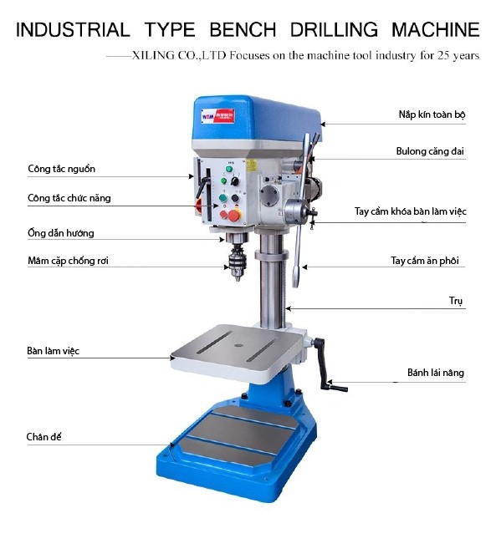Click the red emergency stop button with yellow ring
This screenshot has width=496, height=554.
pos(234,216)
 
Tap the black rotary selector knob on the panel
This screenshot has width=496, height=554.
pos(234,181)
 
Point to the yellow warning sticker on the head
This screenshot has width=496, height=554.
pos(251,165)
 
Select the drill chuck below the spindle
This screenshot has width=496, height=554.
pos(238,262)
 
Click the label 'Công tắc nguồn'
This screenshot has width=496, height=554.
pos(62,169)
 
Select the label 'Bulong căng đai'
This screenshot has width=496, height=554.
pos(430,151)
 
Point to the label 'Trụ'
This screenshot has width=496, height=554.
pos(456,301)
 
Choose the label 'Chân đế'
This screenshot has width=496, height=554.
pos(43,437)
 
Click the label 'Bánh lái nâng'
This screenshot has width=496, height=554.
pos(436,373)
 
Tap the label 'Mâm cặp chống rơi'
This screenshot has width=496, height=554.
pos(68,261)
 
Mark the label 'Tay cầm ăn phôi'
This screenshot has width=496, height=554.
pos(425,261)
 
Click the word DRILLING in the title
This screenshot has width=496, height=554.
pos(334,29)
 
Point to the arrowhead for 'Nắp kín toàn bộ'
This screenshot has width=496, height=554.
pos(323,125)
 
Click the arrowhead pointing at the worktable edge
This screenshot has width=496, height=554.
pos(172,358)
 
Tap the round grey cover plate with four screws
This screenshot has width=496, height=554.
pos(270,196)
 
